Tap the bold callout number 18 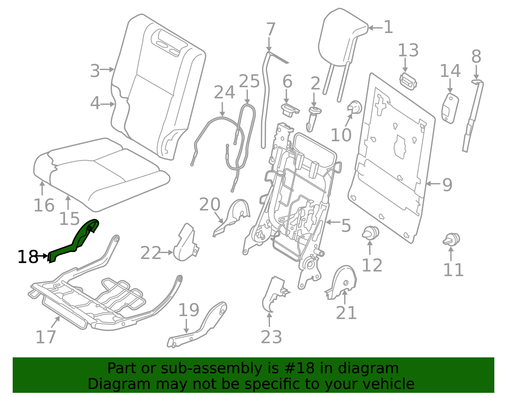[28, 257]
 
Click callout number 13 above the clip [408, 51]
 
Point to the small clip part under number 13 [408, 81]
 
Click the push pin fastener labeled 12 [370, 233]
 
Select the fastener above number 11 [452, 239]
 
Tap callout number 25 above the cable [249, 81]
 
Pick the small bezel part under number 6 [289, 110]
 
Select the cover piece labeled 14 [450, 108]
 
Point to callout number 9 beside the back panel [447, 185]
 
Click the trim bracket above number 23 [274, 293]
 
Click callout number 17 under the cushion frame [46, 337]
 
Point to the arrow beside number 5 [333, 222]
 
